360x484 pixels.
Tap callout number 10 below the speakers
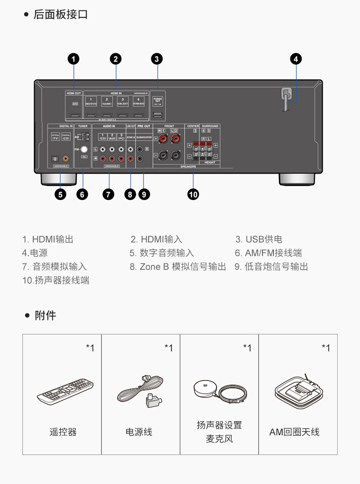pos(193,194)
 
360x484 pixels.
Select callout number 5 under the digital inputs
pos(60,194)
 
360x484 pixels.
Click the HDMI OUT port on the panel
pos(74,115)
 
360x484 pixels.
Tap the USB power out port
pos(157,115)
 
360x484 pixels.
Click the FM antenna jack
pos(83,149)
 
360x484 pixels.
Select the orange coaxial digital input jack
pos(66,159)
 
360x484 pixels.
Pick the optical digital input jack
pos(54,159)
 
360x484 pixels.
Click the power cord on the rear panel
pos(287,98)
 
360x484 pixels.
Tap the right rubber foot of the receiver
pos(297,178)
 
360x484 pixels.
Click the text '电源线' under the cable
pos(139,432)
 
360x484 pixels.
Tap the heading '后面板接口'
pos(61,15)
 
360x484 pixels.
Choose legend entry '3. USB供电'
pos(259,239)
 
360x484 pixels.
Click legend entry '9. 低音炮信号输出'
pos(271,267)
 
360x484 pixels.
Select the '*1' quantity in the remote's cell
pos(90,348)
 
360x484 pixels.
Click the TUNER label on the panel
pos(82,125)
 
